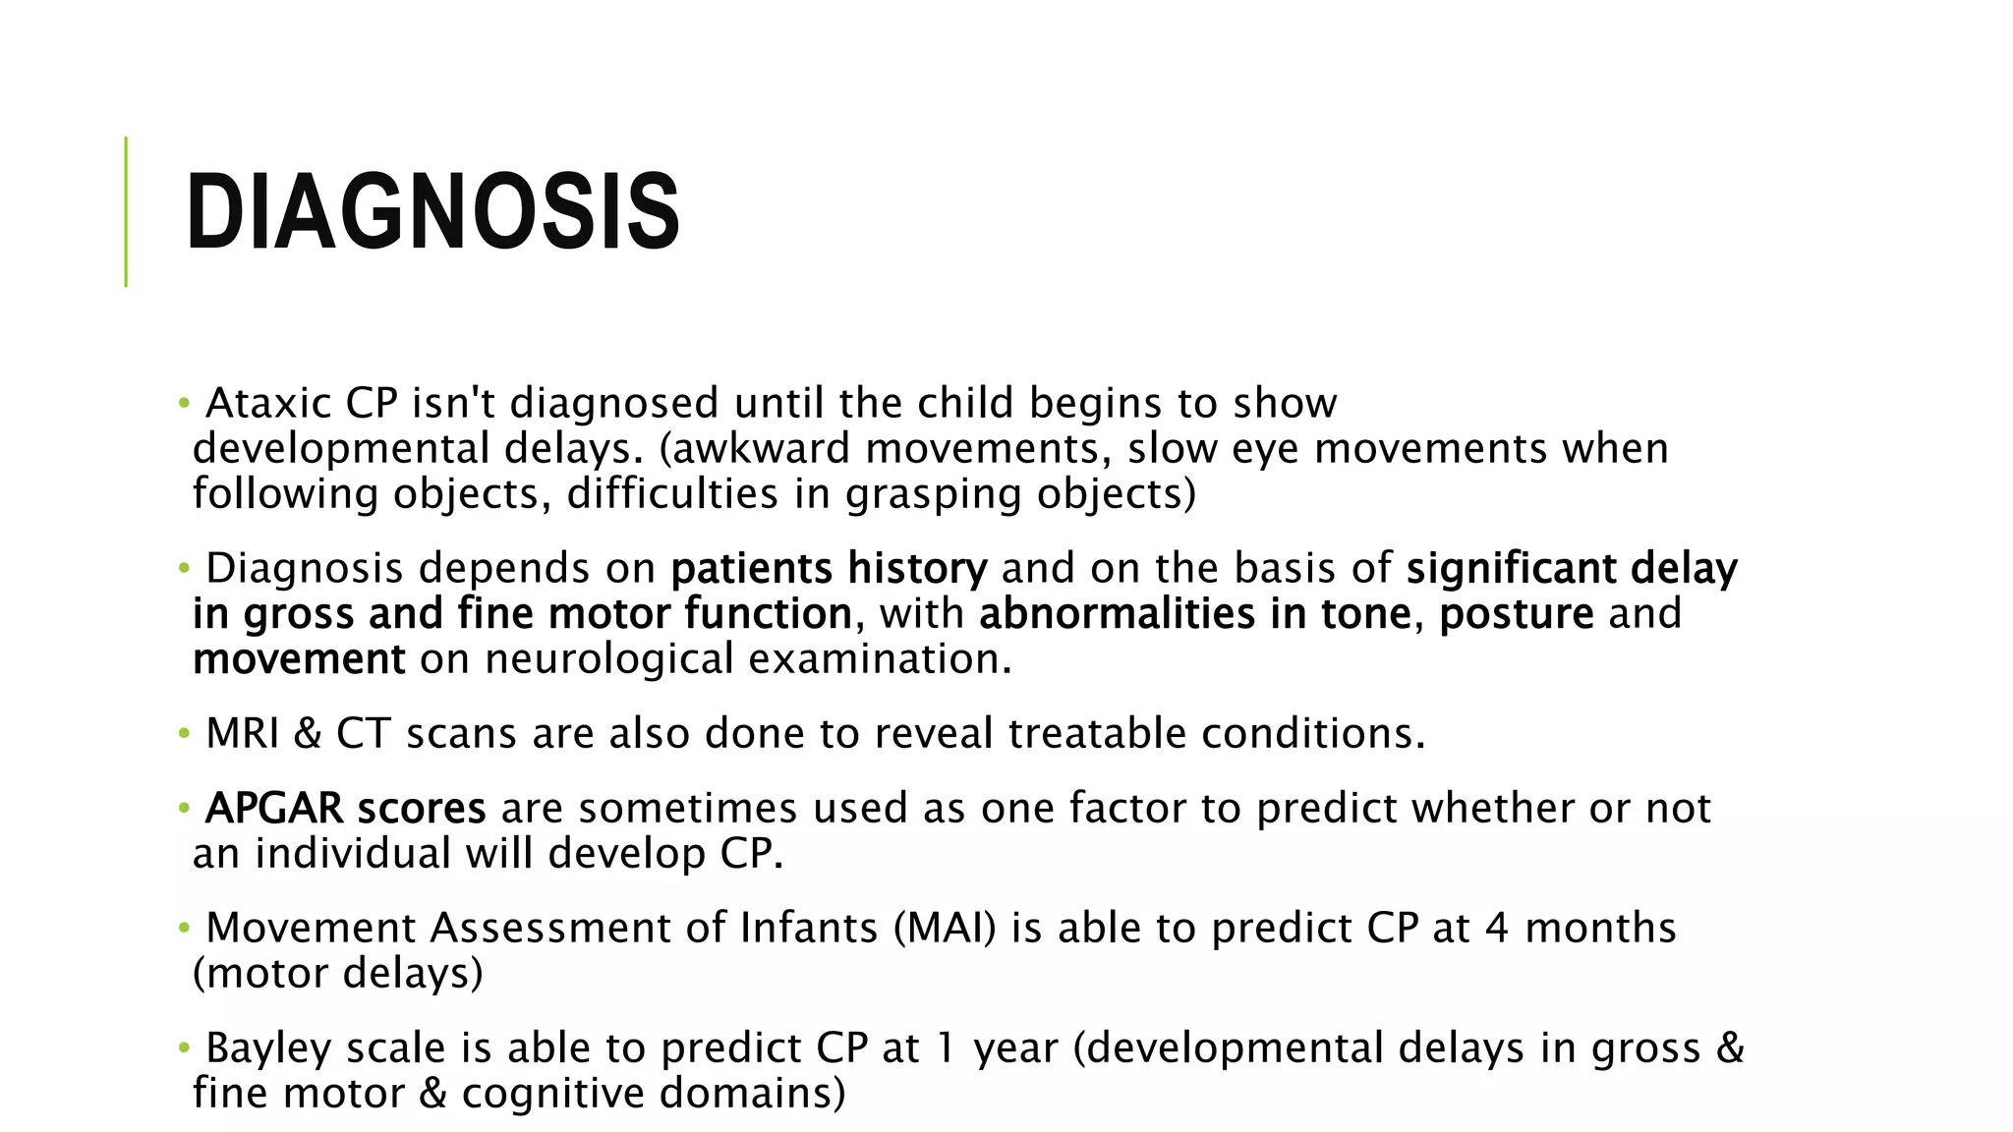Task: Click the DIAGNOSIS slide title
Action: pos(432,212)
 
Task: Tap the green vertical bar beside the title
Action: pos(126,211)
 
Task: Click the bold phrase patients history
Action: pos(829,569)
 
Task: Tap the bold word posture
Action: pos(1516,614)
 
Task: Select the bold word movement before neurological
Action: pos(299,659)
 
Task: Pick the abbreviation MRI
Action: pos(243,734)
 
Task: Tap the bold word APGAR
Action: pos(274,809)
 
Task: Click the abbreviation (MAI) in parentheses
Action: pos(945,929)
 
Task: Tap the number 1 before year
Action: pos(945,1048)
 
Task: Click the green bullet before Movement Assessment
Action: pos(183,929)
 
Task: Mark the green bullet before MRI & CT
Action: pos(183,734)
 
